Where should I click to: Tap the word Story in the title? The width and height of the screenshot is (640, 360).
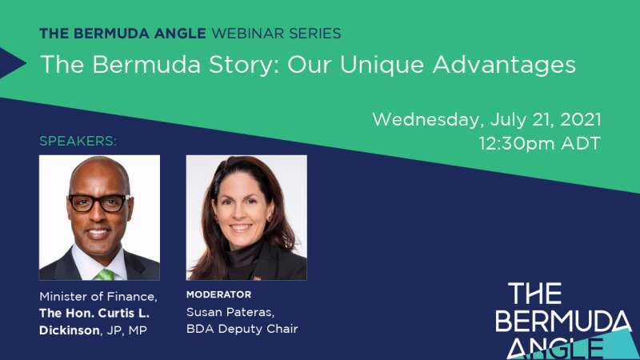241,65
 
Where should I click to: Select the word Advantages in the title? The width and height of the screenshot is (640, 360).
504,65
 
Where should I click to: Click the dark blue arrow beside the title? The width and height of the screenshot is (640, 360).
12,63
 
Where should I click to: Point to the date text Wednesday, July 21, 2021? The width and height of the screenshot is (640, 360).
486,119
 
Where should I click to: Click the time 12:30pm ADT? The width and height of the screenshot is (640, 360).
539,144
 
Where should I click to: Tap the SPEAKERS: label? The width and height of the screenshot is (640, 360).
78,141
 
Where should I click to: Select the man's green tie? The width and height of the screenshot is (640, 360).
106,274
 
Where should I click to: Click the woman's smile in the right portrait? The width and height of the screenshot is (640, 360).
241,227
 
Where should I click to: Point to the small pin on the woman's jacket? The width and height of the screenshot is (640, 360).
257,278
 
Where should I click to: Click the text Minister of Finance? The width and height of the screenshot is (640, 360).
98,296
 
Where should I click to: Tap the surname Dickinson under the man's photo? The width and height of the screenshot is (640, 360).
70,330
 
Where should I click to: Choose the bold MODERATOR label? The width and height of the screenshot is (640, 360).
218,294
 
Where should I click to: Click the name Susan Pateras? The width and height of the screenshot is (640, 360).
230,312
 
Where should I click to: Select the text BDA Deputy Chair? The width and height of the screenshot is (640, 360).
242,329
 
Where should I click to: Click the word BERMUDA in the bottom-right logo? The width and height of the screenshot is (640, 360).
563,321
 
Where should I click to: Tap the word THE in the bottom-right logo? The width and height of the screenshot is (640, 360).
535,293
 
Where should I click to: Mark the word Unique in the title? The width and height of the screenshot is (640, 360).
382,66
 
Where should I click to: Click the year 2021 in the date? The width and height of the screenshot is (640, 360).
581,119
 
